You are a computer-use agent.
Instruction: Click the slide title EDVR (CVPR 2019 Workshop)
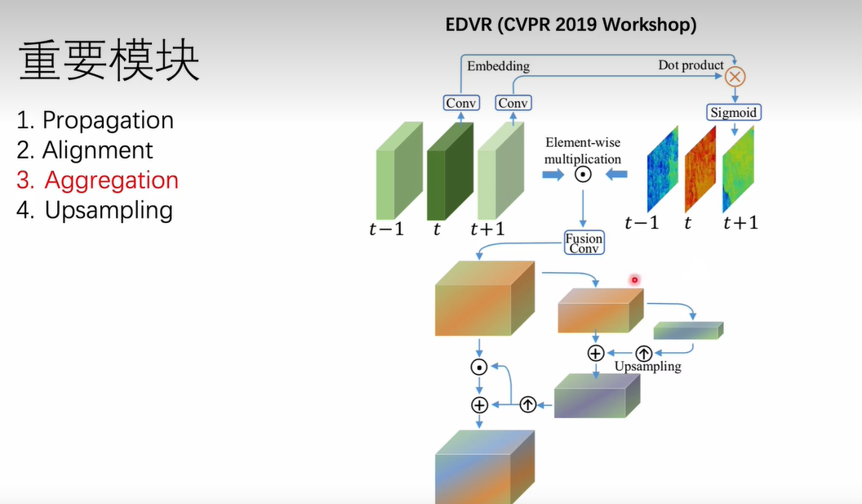pyautogui.click(x=571, y=25)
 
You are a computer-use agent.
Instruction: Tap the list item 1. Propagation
pyautogui.click(x=95, y=120)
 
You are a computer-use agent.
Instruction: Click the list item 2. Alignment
pyautogui.click(x=85, y=150)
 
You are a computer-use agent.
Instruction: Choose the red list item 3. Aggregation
pyautogui.click(x=97, y=181)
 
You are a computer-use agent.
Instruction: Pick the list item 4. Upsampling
pyautogui.click(x=95, y=210)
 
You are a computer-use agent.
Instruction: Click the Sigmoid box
pyautogui.click(x=733, y=112)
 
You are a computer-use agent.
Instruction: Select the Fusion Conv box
pyautogui.click(x=584, y=243)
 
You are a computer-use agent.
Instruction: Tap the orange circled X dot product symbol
pyautogui.click(x=735, y=77)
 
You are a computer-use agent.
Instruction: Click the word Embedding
pyautogui.click(x=497, y=65)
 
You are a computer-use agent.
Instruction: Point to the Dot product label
pyautogui.click(x=691, y=65)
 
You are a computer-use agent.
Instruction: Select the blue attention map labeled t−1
pyautogui.click(x=662, y=170)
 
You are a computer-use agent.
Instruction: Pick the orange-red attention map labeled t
pyautogui.click(x=700, y=170)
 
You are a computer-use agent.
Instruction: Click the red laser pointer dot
pyautogui.click(x=634, y=280)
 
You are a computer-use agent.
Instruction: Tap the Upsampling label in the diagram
pyautogui.click(x=647, y=367)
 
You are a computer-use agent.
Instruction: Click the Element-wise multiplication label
pyautogui.click(x=583, y=151)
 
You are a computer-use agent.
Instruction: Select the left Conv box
pyautogui.click(x=462, y=103)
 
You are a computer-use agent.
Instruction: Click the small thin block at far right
pyautogui.click(x=688, y=330)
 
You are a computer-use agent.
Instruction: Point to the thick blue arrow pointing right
pyautogui.click(x=553, y=175)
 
